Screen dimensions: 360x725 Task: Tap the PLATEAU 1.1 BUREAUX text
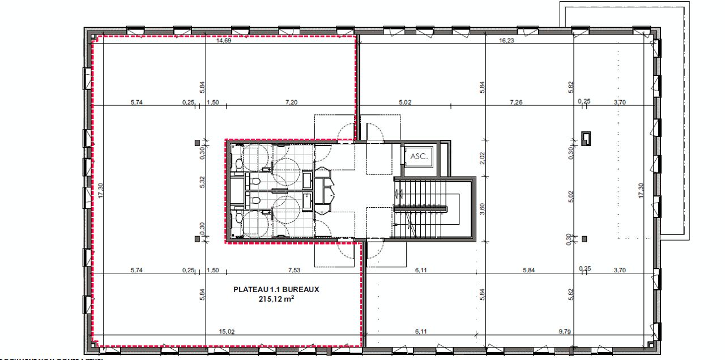[x=276, y=289]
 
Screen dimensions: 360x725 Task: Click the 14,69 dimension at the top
[x=226, y=41]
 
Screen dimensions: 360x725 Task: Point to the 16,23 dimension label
[x=506, y=41]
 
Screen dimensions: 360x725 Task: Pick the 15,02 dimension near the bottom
[x=227, y=332]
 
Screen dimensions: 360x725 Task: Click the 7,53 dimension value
[x=295, y=271]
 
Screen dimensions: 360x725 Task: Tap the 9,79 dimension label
[x=565, y=332]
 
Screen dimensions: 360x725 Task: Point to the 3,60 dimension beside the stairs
[x=482, y=208]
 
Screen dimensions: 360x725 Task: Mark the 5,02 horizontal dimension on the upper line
[x=404, y=102]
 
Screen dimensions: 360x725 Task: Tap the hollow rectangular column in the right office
[x=586, y=138]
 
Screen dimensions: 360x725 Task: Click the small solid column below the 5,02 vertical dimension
[x=585, y=239]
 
